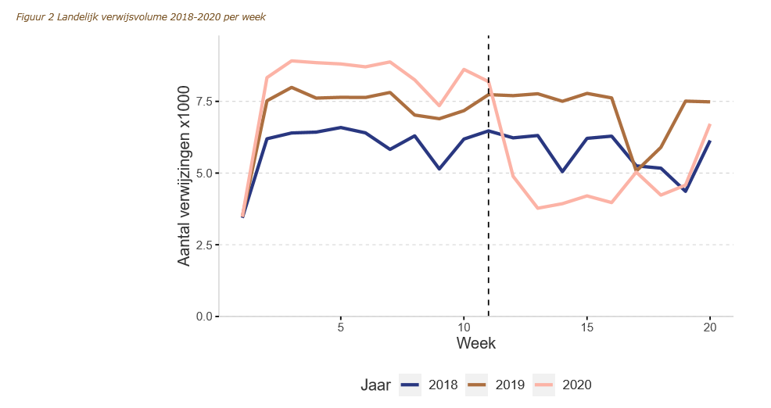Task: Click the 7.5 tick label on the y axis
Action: [203, 102]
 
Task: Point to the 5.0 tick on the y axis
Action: [203, 174]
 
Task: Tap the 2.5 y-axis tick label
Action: [203, 245]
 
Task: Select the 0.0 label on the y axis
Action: [203, 317]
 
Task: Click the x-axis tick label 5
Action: [340, 327]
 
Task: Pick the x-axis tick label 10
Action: [464, 327]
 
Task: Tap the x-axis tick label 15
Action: [586, 327]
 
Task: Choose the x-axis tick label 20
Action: [709, 327]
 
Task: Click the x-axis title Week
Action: [475, 343]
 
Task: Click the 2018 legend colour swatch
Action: [410, 385]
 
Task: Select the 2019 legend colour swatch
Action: [477, 385]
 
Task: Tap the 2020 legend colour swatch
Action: [544, 385]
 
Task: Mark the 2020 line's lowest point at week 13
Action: [537, 208]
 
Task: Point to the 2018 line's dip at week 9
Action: [439, 169]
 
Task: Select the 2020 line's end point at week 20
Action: [709, 125]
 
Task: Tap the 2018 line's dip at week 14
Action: [562, 171]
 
